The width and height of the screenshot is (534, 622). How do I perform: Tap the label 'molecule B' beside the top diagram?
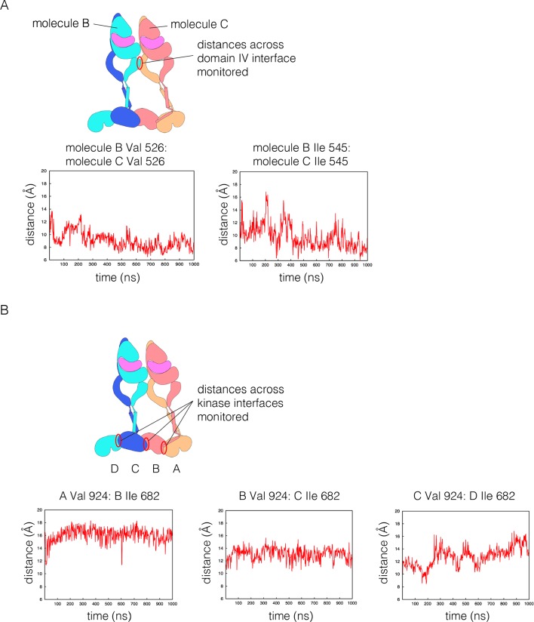click(61, 24)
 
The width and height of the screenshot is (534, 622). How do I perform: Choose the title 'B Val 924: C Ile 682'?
click(285, 495)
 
